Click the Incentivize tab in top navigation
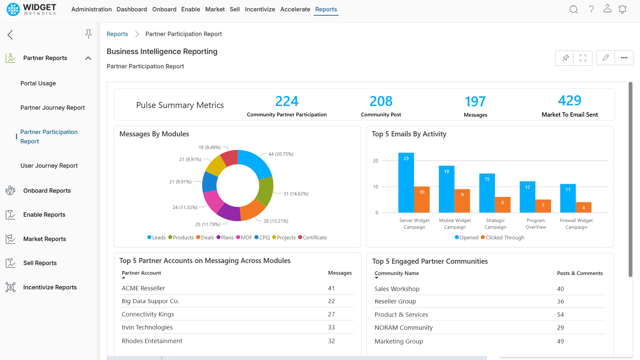point(260,9)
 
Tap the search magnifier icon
point(573,9)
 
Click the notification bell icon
point(622,9)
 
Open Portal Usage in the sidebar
point(38,83)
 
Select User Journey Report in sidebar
point(49,166)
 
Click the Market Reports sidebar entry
point(45,239)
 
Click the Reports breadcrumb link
point(117,34)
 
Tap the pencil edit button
point(606,58)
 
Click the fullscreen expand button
point(583,58)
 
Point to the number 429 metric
point(569,101)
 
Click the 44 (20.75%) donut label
point(281,154)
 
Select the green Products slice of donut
point(266,191)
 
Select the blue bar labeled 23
point(406,183)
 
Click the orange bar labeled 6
point(503,205)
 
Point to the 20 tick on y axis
point(376,161)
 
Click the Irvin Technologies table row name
point(147,327)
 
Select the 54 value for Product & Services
point(560,315)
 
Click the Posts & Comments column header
point(580,273)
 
